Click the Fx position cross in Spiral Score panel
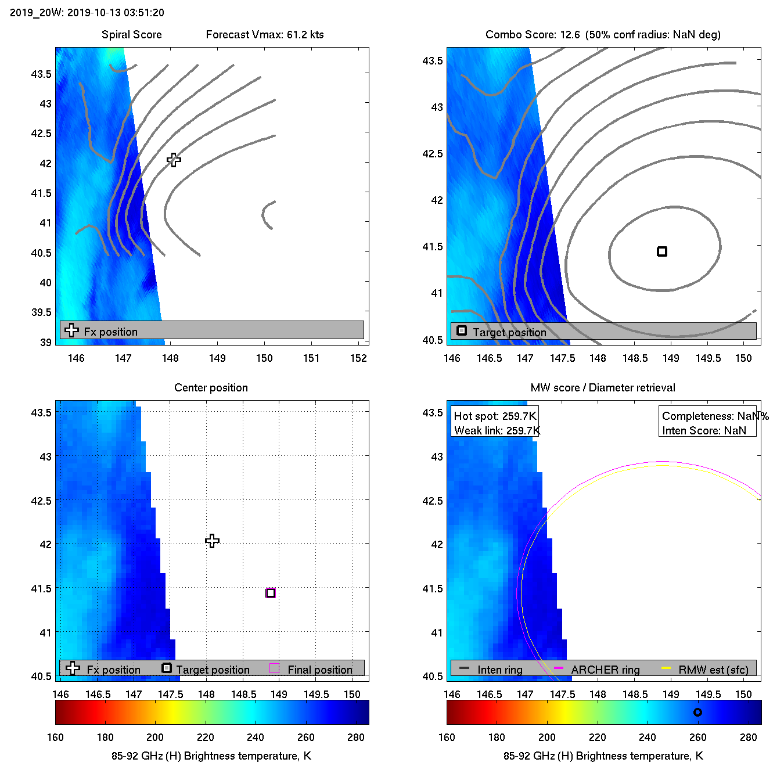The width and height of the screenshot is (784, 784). tap(174, 160)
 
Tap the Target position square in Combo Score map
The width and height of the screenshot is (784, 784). tap(662, 251)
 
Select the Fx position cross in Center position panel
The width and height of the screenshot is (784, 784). tap(212, 541)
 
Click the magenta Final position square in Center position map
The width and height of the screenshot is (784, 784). tap(271, 593)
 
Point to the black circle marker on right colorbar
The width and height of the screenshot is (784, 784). tap(697, 712)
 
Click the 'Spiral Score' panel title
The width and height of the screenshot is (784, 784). tap(132, 34)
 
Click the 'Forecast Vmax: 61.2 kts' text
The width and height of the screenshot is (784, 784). tap(265, 34)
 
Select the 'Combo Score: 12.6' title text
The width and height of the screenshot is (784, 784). tap(533, 34)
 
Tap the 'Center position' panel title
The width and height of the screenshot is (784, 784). tap(211, 387)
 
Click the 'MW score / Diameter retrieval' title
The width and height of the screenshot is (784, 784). tap(603, 387)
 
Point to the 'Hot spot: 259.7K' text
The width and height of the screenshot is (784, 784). tap(495, 416)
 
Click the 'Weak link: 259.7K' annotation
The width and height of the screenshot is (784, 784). tap(497, 430)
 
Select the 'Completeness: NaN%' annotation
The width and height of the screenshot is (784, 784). tap(715, 416)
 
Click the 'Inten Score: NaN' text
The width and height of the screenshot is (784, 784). tap(704, 430)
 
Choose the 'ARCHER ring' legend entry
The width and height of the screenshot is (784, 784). tap(605, 670)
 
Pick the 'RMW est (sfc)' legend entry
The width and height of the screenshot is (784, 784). tap(713, 670)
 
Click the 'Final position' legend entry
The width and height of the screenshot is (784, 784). tap(319, 670)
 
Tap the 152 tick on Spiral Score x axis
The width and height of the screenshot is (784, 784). tap(358, 358)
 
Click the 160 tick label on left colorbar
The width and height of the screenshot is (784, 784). tap(55, 737)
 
